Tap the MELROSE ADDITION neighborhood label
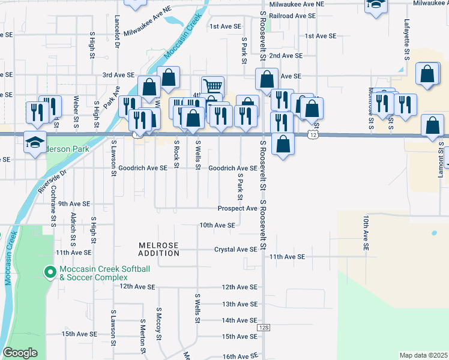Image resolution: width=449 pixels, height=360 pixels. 159,249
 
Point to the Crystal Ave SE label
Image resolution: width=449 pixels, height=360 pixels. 235,249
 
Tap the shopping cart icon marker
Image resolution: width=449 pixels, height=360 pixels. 212,85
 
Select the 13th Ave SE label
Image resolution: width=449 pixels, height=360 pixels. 240,304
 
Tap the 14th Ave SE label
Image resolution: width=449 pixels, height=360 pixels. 240,320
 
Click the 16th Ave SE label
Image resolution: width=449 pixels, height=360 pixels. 240,356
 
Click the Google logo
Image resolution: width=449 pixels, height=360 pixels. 20,353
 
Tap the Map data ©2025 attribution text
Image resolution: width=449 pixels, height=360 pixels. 423,355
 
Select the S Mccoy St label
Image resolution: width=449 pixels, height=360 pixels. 159,324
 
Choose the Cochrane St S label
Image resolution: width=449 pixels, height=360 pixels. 53,214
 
